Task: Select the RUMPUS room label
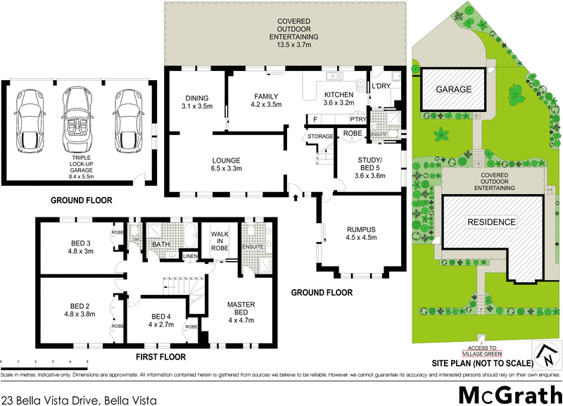point(362,233)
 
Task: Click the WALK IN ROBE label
point(220,242)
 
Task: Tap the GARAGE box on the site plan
point(453,90)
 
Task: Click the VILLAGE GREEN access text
point(482,351)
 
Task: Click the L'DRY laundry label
point(381,86)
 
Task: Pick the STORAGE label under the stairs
point(320,137)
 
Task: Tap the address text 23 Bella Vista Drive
point(77,399)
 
